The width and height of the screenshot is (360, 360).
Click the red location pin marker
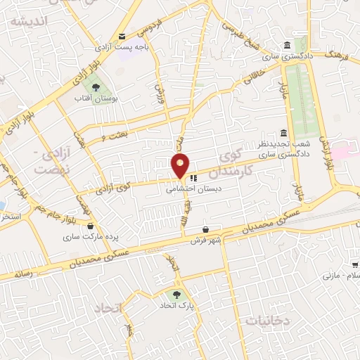[181, 166]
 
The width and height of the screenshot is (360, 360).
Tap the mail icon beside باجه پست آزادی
[122, 36]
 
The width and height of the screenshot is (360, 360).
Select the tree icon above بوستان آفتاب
[96, 86]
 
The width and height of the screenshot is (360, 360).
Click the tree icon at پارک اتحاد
[175, 295]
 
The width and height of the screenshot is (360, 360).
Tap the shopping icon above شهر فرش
[205, 229]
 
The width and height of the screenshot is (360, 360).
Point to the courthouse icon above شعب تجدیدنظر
[283, 133]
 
